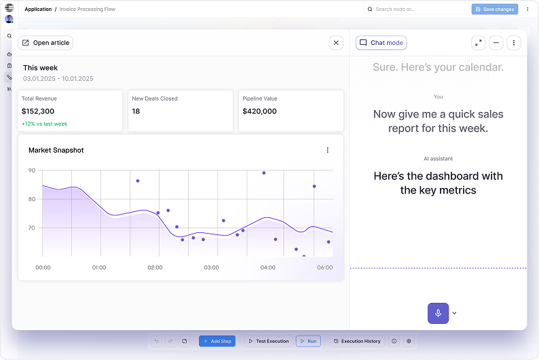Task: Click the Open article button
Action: [45, 43]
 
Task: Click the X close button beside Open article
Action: [336, 43]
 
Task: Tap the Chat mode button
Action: [381, 43]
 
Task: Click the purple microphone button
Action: [438, 313]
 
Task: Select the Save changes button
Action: [494, 10]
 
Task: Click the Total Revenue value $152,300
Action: [38, 111]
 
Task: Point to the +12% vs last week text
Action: [44, 124]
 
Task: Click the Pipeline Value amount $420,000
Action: [259, 111]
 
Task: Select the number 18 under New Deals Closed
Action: [136, 111]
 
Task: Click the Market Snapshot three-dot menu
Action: [327, 150]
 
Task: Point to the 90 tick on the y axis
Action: [32, 170]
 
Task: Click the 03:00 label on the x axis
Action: [211, 268]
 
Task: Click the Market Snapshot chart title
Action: [56, 150]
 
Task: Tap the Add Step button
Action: [217, 341]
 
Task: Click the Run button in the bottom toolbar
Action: [308, 341]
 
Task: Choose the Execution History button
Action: [357, 341]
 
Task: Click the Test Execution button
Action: [268, 341]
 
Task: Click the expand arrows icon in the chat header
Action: [479, 43]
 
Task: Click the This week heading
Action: [40, 68]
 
